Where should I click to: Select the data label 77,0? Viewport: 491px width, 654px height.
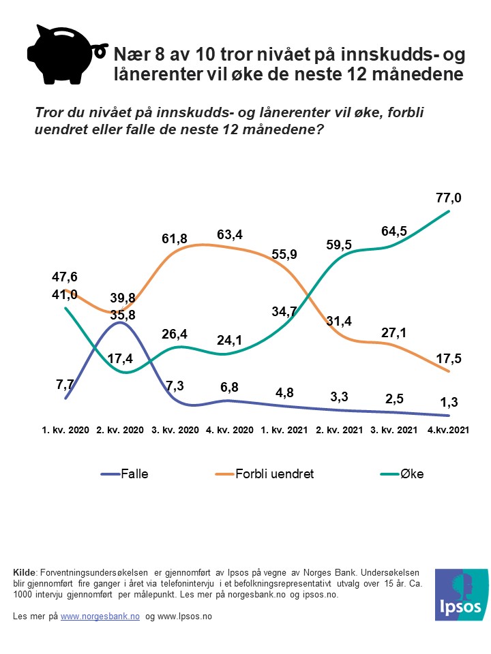pyautogui.click(x=449, y=198)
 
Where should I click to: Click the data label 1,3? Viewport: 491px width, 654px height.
pyautogui.click(x=449, y=403)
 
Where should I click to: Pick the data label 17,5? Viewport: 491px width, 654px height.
pyautogui.click(x=449, y=358)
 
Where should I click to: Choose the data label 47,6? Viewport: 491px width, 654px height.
pyautogui.click(x=64, y=277)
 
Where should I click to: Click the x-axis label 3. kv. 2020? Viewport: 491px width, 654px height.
pyautogui.click(x=175, y=431)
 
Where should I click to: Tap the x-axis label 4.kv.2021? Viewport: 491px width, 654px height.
pyautogui.click(x=448, y=431)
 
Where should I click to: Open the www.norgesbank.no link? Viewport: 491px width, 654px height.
pyautogui.click(x=100, y=616)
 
